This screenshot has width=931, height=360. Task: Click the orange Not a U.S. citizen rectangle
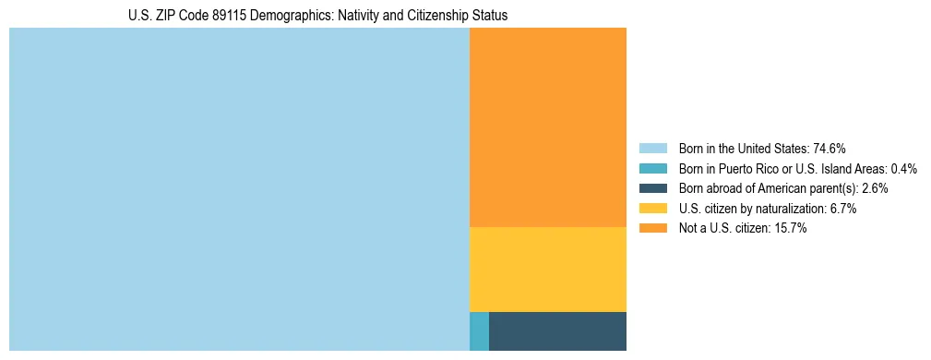pyautogui.click(x=548, y=127)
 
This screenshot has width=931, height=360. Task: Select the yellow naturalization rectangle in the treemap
pyautogui.click(x=548, y=270)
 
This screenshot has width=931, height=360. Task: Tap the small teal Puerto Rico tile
pyautogui.click(x=479, y=331)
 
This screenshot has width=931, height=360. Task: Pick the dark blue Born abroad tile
pyautogui.click(x=557, y=331)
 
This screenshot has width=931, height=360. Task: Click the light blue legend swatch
pyautogui.click(x=652, y=149)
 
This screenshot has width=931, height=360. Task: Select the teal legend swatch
pyautogui.click(x=652, y=169)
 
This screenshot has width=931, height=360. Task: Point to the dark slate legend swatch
pyautogui.click(x=652, y=188)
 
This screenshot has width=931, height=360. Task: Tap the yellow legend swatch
pyautogui.click(x=652, y=209)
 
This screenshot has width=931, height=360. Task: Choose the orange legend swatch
pyautogui.click(x=652, y=229)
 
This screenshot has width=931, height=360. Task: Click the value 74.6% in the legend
pyautogui.click(x=830, y=149)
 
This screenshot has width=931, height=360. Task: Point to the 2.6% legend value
pyautogui.click(x=875, y=188)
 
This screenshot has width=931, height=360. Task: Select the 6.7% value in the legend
pyautogui.click(x=842, y=209)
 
